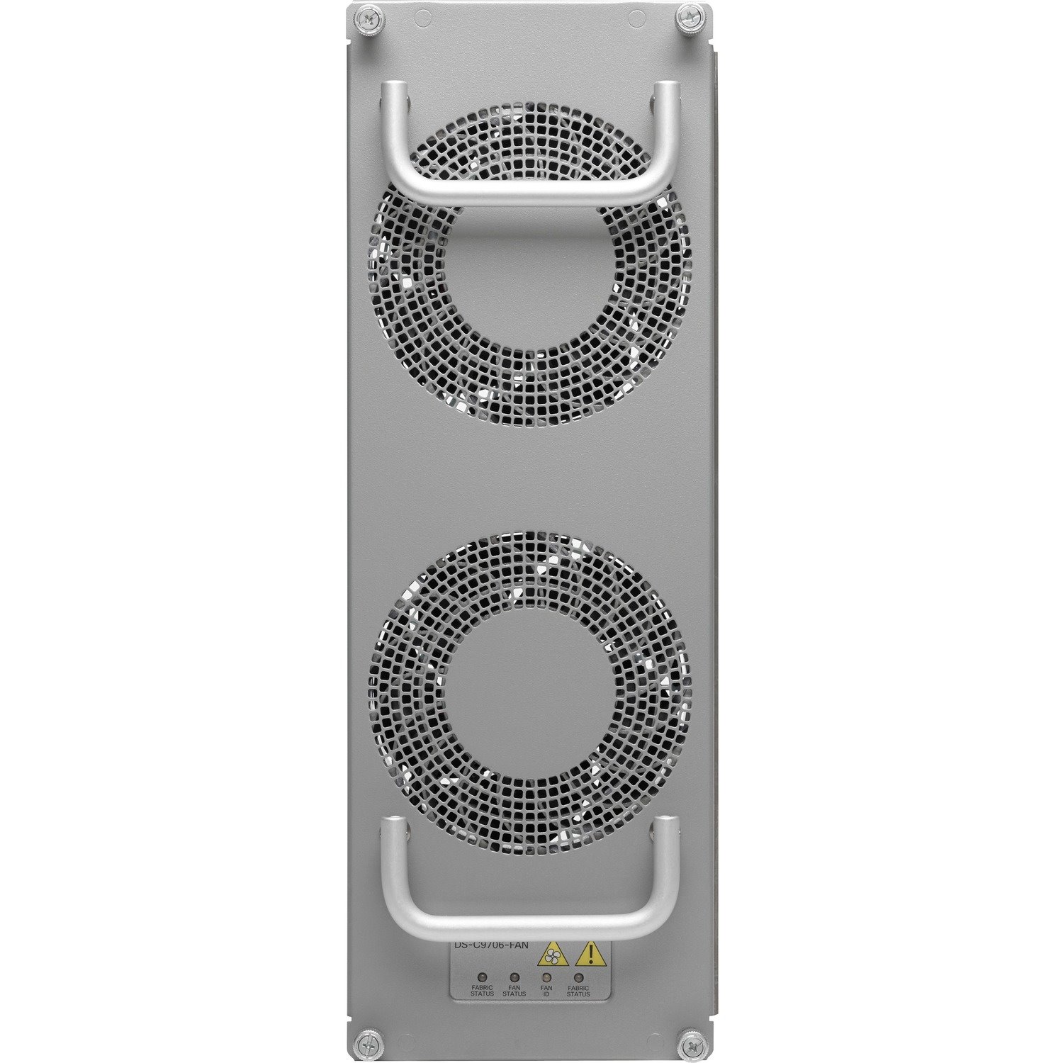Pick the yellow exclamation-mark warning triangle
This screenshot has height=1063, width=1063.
[x=586, y=955]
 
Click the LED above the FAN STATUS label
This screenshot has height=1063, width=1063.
[x=514, y=977]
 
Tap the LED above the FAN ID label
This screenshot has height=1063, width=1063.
[x=546, y=977]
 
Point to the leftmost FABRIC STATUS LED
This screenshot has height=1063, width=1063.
[x=482, y=977]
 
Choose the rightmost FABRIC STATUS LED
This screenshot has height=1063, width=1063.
[x=578, y=977]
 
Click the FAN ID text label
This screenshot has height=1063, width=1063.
[x=546, y=991]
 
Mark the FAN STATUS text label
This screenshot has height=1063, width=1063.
[x=514, y=991]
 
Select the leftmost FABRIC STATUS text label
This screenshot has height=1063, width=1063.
[x=482, y=991]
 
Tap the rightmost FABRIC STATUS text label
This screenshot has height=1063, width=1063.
[x=578, y=991]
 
